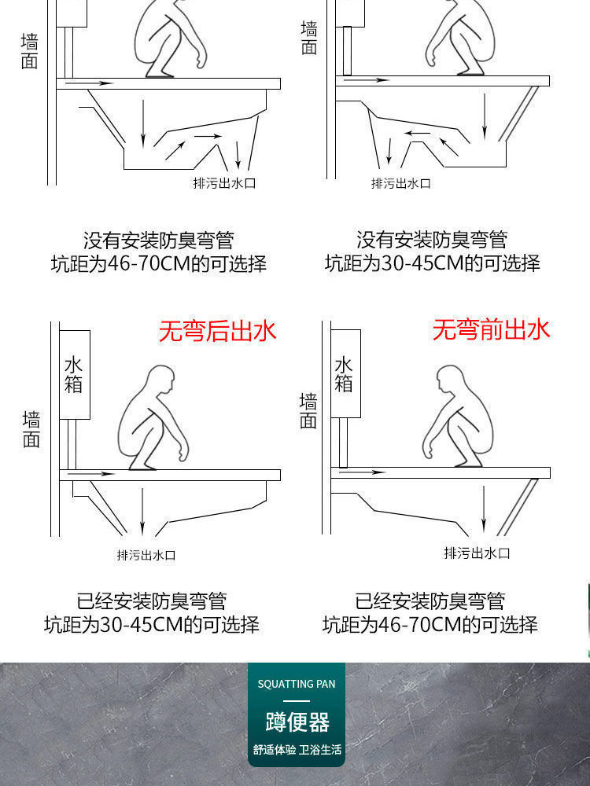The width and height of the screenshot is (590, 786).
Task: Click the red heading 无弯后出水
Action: coord(218,331)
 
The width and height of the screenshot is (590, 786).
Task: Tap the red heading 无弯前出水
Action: coord(491,329)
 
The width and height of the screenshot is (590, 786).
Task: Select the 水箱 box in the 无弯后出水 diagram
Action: coord(73,374)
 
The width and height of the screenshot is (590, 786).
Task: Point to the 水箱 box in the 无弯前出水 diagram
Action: coord(344,374)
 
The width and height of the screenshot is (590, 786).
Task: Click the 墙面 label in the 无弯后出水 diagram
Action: coord(31,429)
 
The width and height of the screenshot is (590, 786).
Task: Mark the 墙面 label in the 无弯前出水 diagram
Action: coord(308,412)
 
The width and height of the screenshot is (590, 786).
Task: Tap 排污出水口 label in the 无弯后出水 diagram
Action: coord(146,555)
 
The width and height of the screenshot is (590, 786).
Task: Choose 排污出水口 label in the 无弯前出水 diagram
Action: coord(477,553)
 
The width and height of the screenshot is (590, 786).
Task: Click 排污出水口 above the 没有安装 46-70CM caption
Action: coord(225,183)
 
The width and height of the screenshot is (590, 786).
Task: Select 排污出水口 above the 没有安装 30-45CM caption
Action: coord(401,183)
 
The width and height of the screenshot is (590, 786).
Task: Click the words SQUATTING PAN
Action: coord(297,684)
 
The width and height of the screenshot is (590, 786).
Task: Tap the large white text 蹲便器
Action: coord(297,722)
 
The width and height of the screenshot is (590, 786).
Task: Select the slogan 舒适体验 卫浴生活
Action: coord(297,750)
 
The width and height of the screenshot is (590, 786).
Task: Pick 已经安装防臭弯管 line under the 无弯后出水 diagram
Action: coord(152,601)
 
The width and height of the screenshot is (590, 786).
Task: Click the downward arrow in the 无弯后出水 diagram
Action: coord(142,511)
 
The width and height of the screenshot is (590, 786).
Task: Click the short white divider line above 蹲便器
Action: coord(297,700)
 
